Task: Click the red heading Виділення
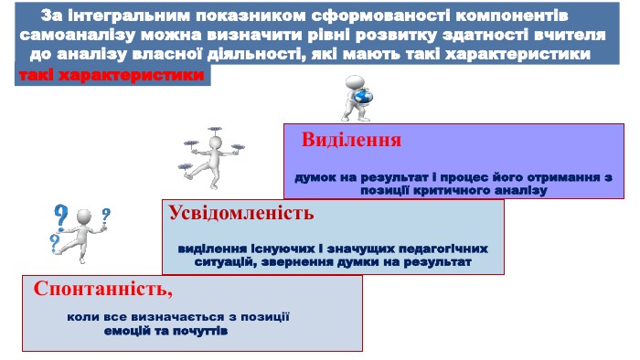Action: [351, 140]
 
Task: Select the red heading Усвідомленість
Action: [241, 213]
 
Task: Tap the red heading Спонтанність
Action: [102, 289]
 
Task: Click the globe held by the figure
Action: [363, 97]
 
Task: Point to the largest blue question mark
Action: [61, 216]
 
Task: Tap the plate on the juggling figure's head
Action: [215, 129]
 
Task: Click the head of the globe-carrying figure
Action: [355, 82]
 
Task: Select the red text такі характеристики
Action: [111, 76]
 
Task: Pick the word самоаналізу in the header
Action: [77, 35]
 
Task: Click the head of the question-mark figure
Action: [84, 217]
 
